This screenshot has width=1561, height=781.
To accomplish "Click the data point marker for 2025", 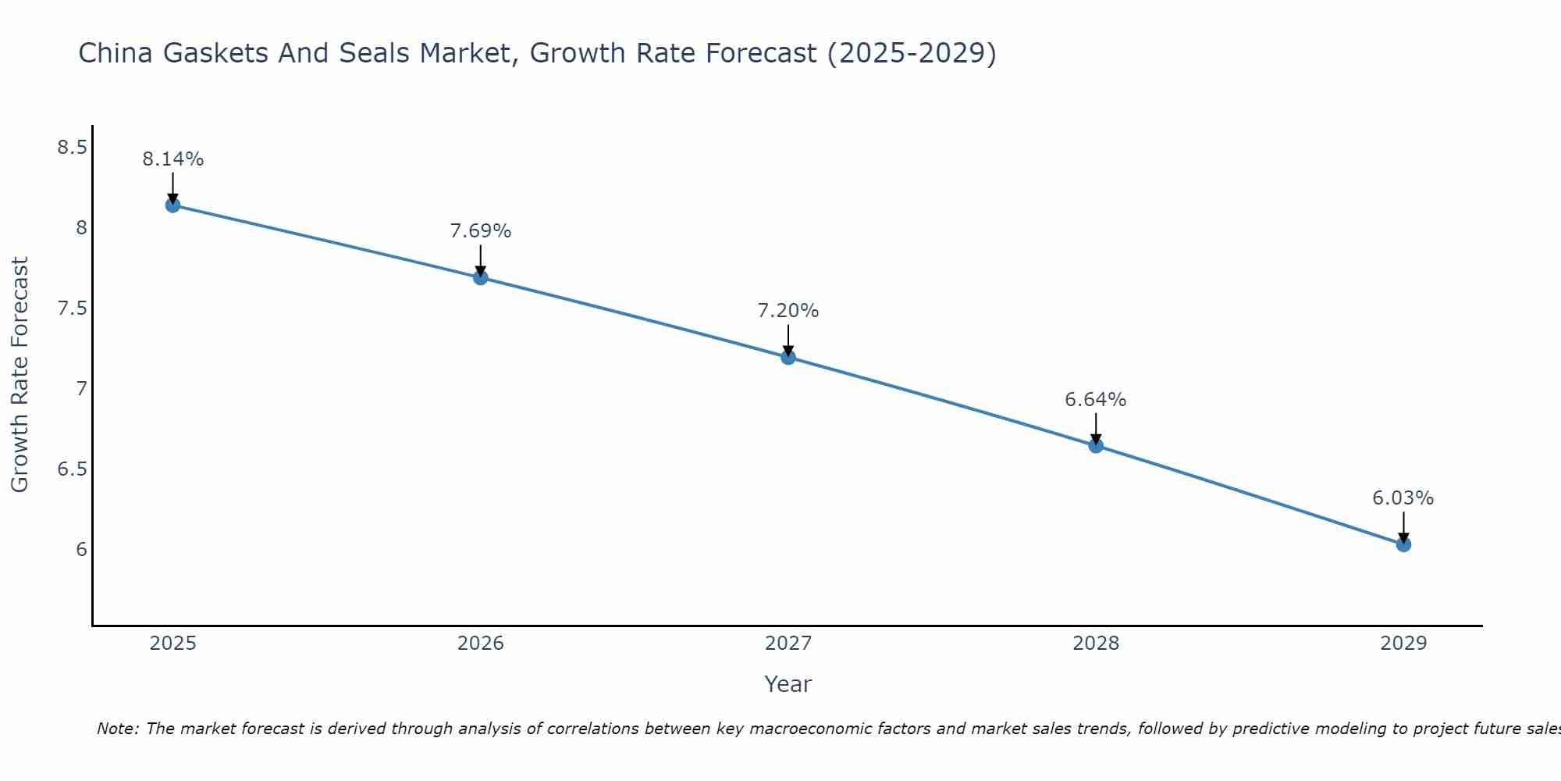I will coord(172,205).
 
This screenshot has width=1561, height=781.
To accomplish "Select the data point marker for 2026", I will coord(481,277).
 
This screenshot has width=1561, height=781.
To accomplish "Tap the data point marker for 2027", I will coord(788,357).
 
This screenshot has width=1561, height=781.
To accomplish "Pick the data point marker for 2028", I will coord(1096,446).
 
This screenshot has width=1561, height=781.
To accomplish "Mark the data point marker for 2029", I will coord(1403,544).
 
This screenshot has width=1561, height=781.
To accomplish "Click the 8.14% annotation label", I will coord(172,159).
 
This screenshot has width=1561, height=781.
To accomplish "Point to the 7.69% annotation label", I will coord(481,231).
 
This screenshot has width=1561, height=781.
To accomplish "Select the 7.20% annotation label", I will coord(788,311).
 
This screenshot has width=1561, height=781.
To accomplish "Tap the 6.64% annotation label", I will coord(1096,400).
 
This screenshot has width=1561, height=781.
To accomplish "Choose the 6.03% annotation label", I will coord(1403,498).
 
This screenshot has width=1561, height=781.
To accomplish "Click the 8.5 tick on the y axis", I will coord(72,147).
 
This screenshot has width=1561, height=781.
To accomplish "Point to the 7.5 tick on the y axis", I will coord(72,308).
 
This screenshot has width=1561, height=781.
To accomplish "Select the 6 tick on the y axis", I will coord(81,549).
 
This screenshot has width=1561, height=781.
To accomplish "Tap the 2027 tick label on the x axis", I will coord(788,644).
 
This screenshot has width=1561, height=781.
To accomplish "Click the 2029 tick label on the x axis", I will coord(1403,644).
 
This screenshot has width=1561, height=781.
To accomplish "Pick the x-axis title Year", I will coord(788,684).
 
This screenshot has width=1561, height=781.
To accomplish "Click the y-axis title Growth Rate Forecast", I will coord(20,375).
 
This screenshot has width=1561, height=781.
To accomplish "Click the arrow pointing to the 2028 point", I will coord(1096,429).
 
